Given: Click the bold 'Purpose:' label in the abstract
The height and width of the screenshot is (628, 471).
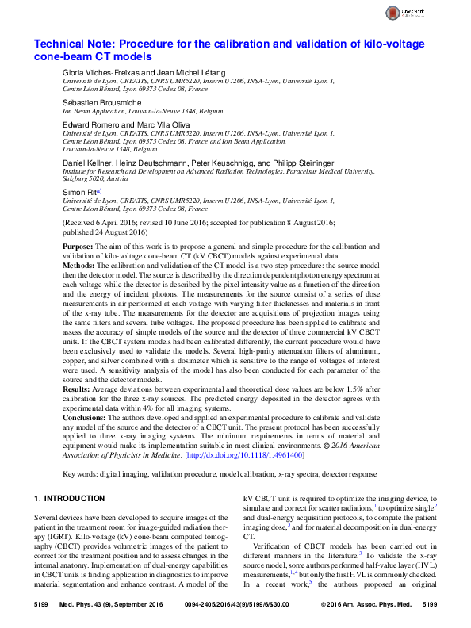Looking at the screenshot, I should point(78,247).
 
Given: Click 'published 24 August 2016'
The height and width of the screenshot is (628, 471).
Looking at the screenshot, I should point(107,233).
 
